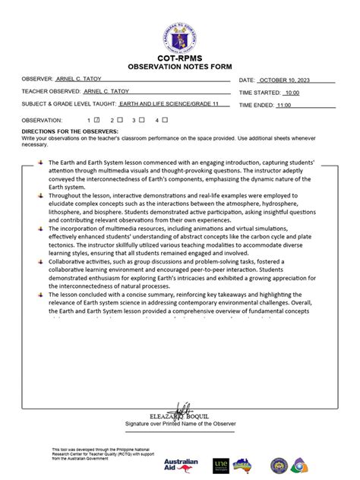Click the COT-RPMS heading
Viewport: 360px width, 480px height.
pyautogui.click(x=180, y=58)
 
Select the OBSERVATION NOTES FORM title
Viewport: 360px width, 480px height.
pyautogui.click(x=180, y=66)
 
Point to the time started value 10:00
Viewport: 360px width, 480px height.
pyautogui.click(x=292, y=93)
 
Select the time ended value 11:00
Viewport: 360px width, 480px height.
pyautogui.click(x=284, y=106)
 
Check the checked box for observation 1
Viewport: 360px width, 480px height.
pyautogui.click(x=97, y=120)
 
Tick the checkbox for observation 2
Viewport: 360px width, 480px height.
pyautogui.click(x=119, y=120)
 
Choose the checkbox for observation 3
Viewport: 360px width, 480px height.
pyautogui.click(x=141, y=120)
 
